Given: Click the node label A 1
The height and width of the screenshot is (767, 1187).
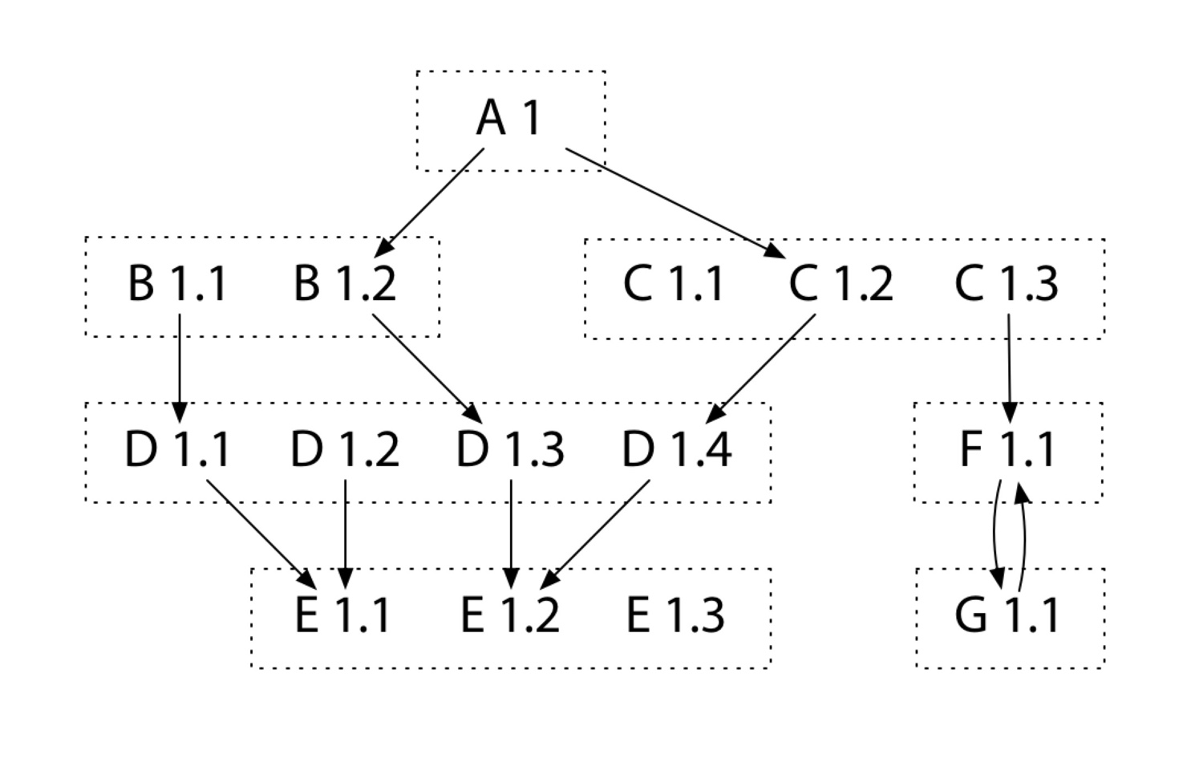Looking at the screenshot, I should coord(509,118).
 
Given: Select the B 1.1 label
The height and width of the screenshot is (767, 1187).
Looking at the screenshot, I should coord(177,283).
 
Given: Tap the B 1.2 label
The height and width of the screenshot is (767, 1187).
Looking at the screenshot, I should coord(345,283).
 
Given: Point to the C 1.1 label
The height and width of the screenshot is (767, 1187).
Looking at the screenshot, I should coord(674,283).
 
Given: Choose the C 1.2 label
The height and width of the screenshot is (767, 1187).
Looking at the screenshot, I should coord(841,283).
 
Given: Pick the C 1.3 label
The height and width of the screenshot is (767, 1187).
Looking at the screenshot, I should coord(1007,283).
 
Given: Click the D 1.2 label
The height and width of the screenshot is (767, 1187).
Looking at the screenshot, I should coord(345,449).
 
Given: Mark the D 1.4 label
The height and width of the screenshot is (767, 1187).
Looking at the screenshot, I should coord(676,449).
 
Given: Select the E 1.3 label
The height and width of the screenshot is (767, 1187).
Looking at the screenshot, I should coord(675,615).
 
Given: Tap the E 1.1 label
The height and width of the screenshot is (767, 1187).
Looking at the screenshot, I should coord(343,615).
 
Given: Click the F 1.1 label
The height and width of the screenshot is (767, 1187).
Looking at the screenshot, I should coord(1007,449).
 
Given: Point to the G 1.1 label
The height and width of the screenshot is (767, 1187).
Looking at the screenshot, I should coord(1007,615).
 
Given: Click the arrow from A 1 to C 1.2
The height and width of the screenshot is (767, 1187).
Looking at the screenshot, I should coord(674,202).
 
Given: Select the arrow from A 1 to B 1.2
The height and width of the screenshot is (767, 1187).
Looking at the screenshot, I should coord(431,201).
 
